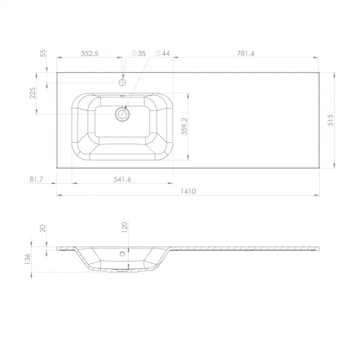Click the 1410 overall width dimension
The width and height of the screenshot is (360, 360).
tap(188, 191)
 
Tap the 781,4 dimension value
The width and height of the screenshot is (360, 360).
tap(245, 53)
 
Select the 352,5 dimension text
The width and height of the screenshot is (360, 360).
tap(89, 53)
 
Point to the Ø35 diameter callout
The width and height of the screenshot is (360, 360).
tap(139, 53)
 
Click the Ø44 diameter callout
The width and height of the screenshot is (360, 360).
tap(163, 53)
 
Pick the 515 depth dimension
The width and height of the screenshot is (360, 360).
tap(331, 120)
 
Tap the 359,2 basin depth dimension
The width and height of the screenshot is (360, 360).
tap(184, 126)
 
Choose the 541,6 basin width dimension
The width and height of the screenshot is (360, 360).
tap(122, 179)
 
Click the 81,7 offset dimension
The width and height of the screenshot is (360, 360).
tap(36, 179)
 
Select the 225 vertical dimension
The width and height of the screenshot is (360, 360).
tap(33, 93)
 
